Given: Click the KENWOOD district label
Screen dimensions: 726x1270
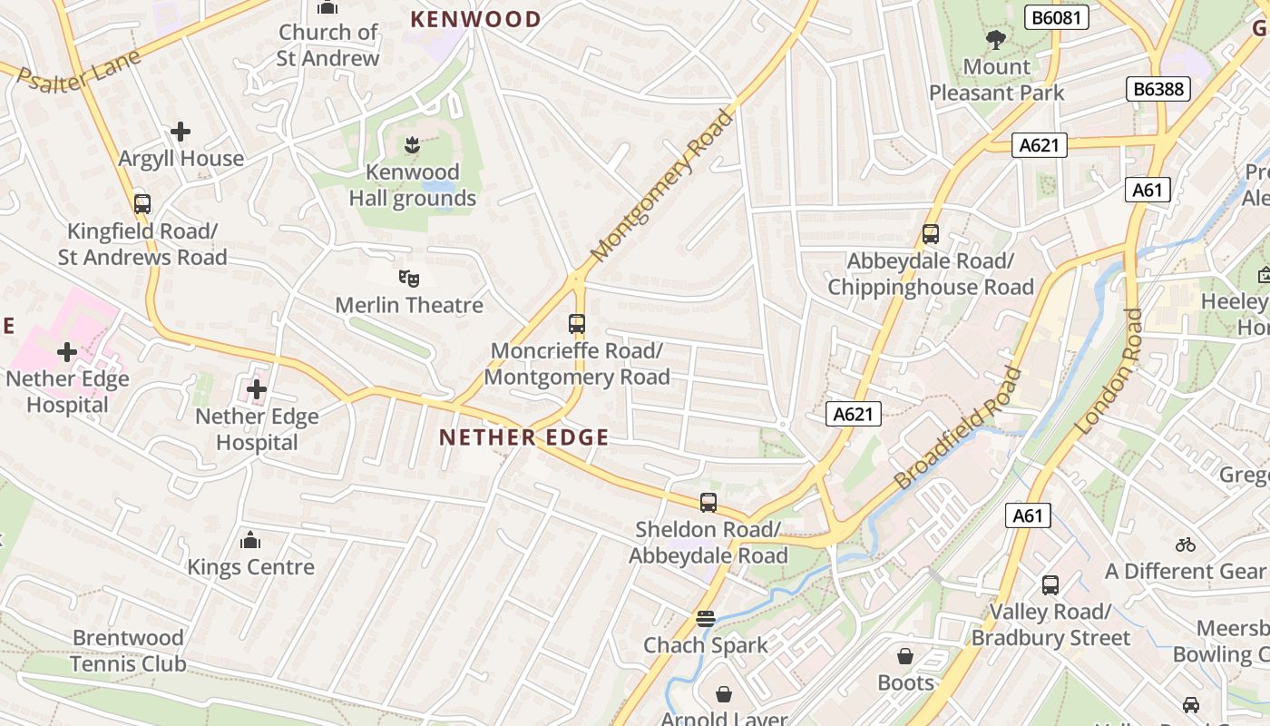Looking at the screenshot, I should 475,19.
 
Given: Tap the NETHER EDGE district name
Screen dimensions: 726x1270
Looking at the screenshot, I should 524,437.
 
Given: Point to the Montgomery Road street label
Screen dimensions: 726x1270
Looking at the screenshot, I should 661,186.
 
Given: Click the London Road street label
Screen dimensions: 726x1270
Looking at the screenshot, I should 1109,371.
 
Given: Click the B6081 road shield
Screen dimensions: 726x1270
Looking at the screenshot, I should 1057,17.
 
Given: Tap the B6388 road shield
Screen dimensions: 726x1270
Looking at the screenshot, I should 1158,89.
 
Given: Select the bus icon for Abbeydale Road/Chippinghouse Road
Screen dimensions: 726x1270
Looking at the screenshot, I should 930,234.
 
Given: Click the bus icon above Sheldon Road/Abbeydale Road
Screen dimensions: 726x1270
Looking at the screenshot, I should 708,502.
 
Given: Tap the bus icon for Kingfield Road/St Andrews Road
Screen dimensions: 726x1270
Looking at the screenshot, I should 142,203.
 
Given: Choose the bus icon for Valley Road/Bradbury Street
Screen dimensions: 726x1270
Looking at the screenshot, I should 1050,585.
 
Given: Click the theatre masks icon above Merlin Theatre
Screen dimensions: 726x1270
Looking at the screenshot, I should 409,278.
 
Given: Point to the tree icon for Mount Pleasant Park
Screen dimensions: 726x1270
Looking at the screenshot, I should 996,39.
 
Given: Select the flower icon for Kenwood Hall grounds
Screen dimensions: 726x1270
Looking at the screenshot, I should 412,144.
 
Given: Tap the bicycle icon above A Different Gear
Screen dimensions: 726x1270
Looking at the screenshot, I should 1185,544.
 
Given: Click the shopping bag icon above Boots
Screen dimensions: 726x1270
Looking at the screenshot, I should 905,655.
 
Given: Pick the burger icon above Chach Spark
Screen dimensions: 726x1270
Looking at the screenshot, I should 706,619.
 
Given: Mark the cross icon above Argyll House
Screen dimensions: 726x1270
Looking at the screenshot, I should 181,132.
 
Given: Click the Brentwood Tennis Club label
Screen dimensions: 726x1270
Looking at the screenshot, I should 129,651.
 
